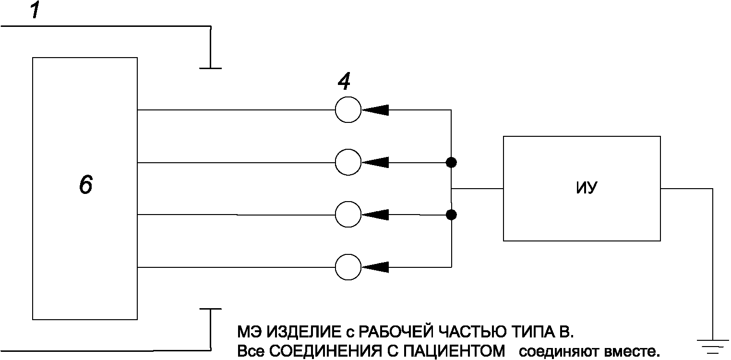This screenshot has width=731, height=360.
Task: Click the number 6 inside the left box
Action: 85,185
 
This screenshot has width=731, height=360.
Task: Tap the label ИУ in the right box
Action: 586,189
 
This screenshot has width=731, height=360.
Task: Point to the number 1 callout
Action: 35,11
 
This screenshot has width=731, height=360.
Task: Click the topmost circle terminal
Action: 348,110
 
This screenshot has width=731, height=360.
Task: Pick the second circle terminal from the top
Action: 348,163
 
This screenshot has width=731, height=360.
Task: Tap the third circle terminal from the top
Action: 348,215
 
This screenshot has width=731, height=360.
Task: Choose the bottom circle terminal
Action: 348,267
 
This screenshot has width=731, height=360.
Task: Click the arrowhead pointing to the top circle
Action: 375,110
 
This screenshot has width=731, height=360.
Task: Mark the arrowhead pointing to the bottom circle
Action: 375,267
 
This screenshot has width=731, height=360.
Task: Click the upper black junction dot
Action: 451,163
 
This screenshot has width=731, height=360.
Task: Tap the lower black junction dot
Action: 451,215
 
